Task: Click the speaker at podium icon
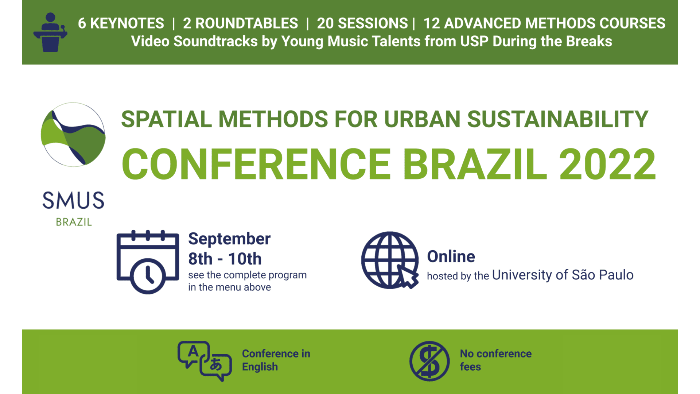tap(50, 32)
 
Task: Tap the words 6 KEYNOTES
tap(121, 23)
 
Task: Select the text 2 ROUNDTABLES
tap(241, 23)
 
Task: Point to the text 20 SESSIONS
tap(362, 23)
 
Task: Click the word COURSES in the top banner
tap(633, 23)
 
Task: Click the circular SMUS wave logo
tap(73, 135)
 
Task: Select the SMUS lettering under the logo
tap(73, 200)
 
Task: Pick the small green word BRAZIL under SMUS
tap(74, 222)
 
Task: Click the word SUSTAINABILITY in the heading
tap(557, 119)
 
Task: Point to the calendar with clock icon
tap(148, 262)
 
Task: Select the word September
tap(229, 239)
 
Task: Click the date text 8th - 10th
tap(225, 259)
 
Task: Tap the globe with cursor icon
tap(390, 260)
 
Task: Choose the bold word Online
tap(451, 256)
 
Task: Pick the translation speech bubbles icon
tap(205, 361)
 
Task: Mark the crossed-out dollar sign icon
tap(429, 361)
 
